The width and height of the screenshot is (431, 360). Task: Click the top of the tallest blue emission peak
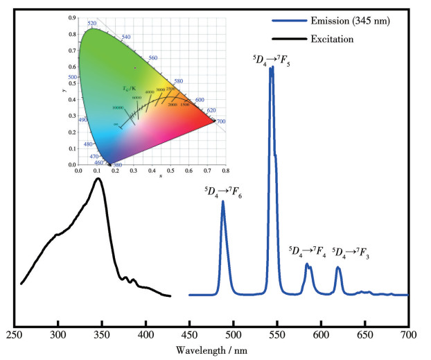(x=272, y=67)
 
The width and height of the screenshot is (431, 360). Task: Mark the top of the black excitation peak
(x=98, y=179)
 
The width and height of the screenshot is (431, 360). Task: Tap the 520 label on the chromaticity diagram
(x=92, y=23)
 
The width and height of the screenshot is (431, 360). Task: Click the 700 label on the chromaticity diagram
(x=221, y=121)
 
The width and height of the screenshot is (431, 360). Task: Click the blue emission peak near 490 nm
(x=223, y=203)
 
